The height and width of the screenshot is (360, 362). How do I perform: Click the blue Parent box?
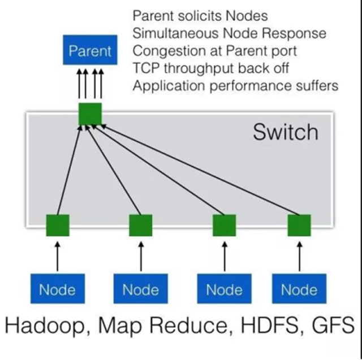point(90,51)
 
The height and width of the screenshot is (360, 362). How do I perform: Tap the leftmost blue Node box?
point(57,290)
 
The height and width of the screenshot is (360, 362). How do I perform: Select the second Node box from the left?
point(140,290)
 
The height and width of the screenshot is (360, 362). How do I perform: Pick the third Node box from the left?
point(224,290)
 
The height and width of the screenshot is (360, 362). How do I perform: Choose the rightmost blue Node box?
point(299,290)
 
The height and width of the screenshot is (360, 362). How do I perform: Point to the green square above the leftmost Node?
point(57,225)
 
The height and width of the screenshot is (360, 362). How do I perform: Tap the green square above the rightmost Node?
point(299,225)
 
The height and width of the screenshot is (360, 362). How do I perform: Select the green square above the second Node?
point(140,225)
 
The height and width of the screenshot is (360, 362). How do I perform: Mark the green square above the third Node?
point(224,225)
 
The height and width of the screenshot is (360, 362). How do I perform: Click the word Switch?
point(285,132)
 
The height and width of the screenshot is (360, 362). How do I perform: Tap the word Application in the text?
point(164,86)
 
